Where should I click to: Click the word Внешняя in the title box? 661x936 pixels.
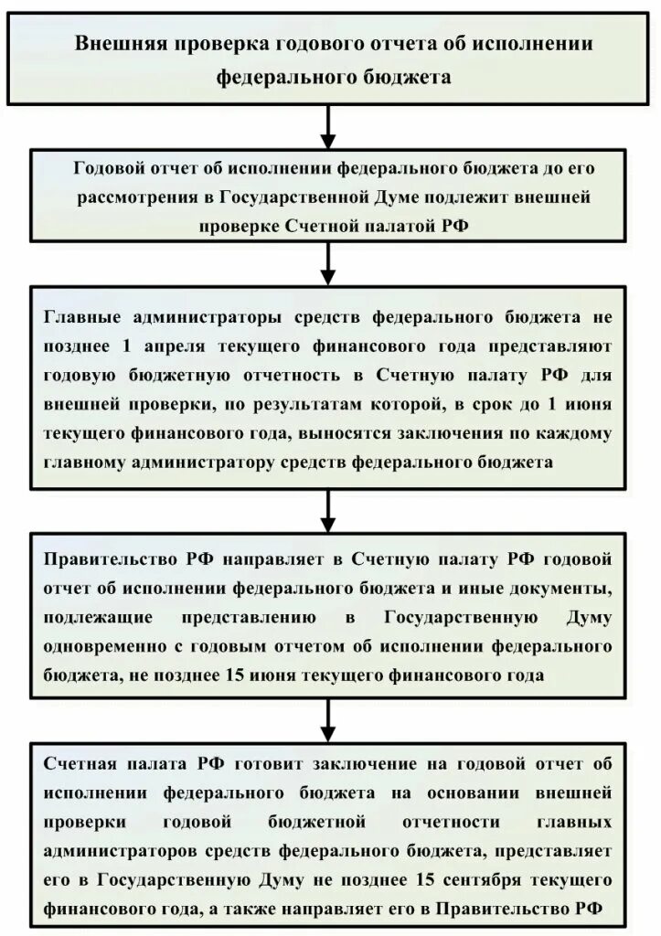click(x=120, y=45)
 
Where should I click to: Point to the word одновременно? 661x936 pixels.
click(x=102, y=646)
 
